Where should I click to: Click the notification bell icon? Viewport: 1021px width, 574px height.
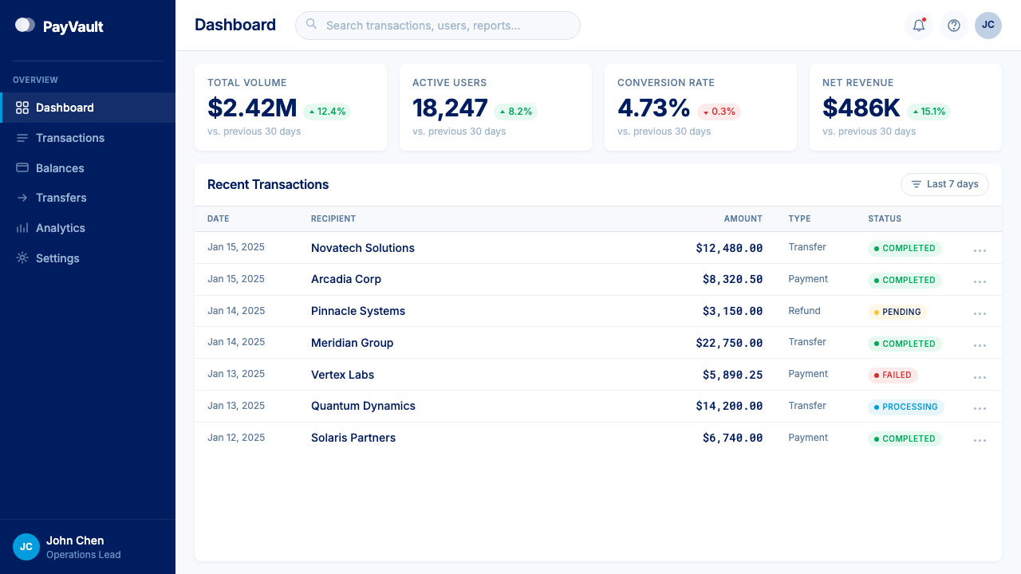coord(919,26)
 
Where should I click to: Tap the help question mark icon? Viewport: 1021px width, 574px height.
coord(953,26)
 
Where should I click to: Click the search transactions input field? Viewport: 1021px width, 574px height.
coord(438,26)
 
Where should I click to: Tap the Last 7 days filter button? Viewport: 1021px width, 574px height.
coord(944,184)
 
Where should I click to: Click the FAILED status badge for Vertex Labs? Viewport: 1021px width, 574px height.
coord(893,375)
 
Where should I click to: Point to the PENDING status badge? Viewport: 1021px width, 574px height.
coord(897,312)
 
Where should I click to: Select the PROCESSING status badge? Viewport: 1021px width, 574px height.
coord(905,407)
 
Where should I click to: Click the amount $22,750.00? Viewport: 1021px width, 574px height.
coord(729,343)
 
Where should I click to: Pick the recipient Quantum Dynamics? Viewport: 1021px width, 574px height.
coord(363,406)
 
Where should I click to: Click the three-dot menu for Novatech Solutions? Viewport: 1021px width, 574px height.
coord(980,250)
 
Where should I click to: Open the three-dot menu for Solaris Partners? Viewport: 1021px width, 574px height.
coord(980,440)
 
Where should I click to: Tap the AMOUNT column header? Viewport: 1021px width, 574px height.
coord(743,218)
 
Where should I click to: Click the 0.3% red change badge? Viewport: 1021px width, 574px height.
coord(719,112)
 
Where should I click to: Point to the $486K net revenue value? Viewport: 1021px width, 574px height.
coord(861,108)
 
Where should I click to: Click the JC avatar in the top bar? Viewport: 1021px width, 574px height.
coord(987,26)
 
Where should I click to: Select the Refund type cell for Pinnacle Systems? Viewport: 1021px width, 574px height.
coord(804,311)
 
